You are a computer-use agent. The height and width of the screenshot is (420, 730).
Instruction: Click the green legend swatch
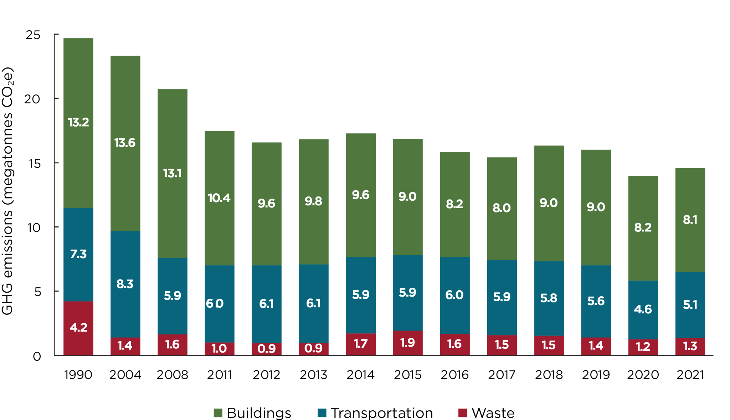[218, 413]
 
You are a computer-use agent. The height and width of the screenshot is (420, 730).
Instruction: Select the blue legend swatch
[322, 413]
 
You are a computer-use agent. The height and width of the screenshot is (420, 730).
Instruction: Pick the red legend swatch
[462, 413]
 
